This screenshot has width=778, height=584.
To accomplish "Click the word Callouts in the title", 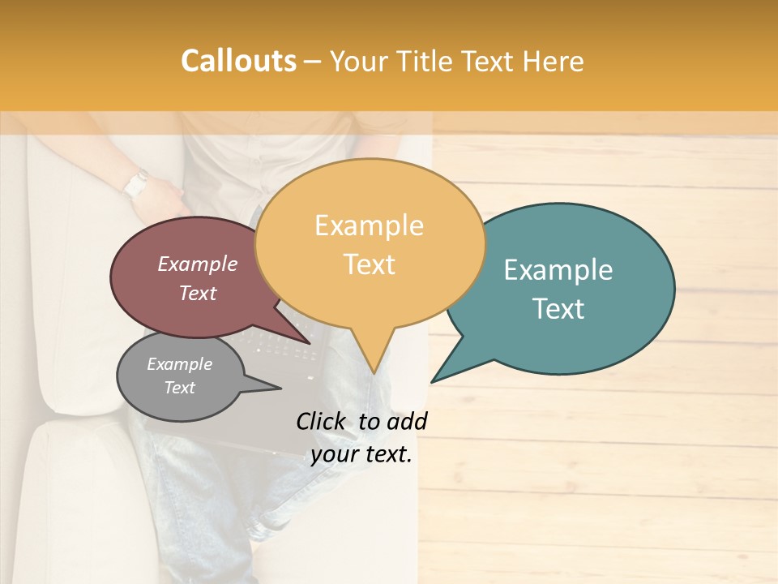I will (x=238, y=61).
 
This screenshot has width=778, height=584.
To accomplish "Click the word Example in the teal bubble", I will (x=558, y=270).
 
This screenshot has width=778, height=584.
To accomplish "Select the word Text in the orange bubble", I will (x=370, y=264).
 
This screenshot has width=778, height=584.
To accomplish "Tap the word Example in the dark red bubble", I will (x=198, y=264).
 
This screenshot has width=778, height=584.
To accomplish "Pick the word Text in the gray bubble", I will (x=180, y=388).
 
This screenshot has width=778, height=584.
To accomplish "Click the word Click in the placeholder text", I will (x=322, y=421).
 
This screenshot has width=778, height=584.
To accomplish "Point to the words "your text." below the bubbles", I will (x=361, y=454).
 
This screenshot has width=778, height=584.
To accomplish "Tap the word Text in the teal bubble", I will (x=559, y=308).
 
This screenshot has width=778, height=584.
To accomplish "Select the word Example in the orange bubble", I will (x=370, y=225).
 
